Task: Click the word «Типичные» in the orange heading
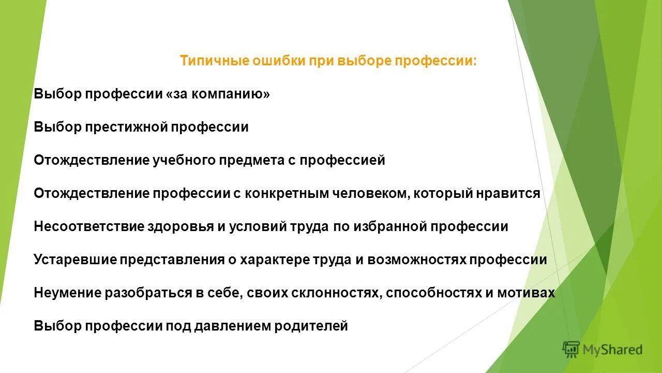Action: click(214, 61)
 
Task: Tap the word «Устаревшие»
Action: click(76, 260)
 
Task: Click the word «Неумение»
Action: click(68, 293)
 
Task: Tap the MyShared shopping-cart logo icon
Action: click(571, 350)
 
